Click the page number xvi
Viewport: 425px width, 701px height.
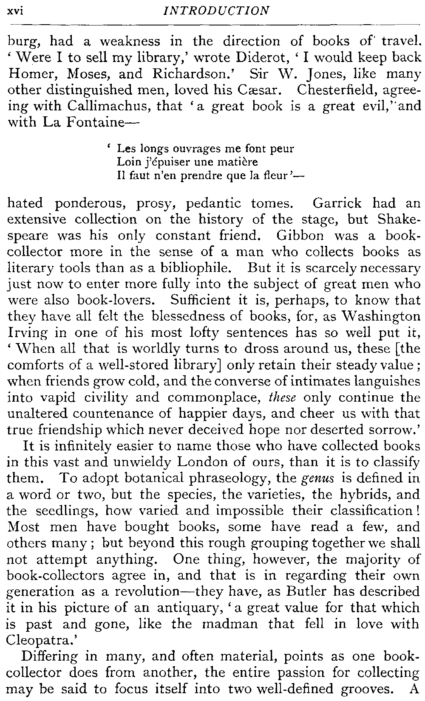click(15, 11)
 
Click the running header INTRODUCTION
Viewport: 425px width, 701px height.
click(216, 11)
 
